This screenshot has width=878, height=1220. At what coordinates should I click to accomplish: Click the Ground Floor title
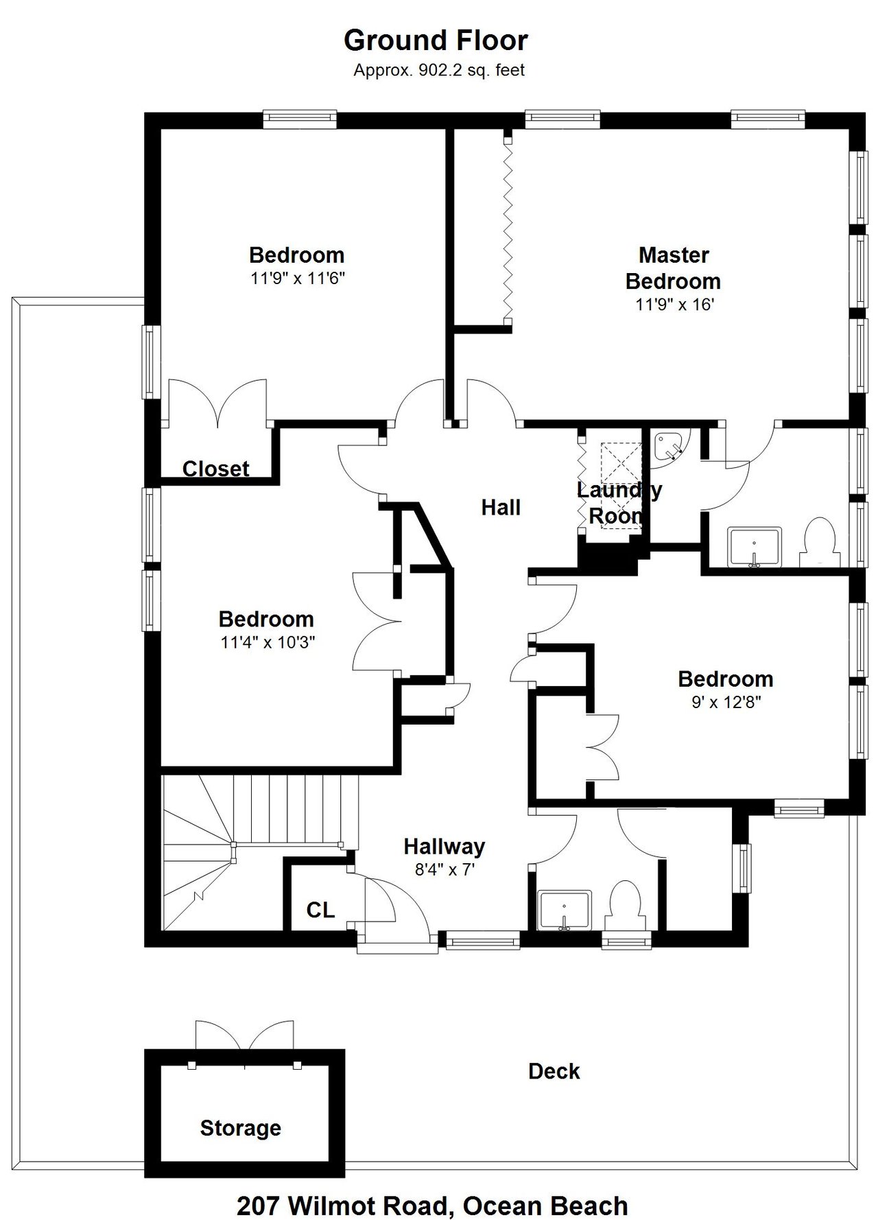(436, 41)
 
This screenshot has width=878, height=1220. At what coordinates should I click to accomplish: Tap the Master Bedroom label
(673, 268)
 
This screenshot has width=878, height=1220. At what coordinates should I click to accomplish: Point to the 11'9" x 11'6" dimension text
(297, 279)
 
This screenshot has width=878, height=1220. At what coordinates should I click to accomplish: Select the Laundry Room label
(619, 503)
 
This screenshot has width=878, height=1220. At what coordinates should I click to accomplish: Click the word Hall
(501, 508)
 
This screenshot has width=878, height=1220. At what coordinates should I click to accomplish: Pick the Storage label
(241, 1128)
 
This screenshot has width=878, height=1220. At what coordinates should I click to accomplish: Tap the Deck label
(554, 1071)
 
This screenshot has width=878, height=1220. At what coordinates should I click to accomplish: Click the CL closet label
(320, 910)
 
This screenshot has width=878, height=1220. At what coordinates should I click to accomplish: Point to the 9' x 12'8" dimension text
(726, 703)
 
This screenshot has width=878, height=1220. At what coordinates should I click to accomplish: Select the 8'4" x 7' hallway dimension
(444, 870)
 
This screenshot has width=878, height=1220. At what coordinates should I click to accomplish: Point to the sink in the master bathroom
(754, 548)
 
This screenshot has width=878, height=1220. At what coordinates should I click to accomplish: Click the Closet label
(215, 469)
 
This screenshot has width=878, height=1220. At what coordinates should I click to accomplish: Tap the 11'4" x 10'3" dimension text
(268, 643)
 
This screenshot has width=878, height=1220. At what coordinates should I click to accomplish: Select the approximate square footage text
(439, 70)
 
